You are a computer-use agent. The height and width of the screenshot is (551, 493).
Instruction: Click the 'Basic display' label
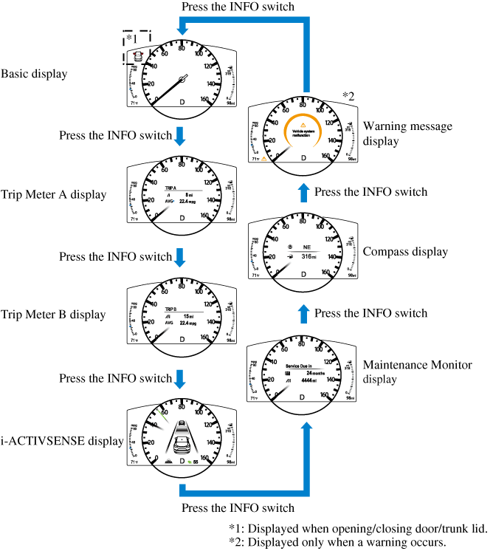click(35, 74)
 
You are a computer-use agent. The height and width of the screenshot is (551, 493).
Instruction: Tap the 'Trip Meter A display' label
click(53, 195)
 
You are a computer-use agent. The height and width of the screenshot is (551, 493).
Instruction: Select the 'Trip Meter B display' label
click(52, 315)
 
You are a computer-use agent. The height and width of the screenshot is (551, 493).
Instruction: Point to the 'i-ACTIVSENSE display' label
click(62, 442)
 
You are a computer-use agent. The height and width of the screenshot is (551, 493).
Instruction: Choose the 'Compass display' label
click(405, 252)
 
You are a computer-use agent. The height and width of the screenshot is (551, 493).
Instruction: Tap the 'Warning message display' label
click(407, 133)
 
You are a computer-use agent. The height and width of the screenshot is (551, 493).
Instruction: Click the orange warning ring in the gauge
click(303, 131)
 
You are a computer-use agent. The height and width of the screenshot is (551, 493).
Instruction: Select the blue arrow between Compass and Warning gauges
click(303, 192)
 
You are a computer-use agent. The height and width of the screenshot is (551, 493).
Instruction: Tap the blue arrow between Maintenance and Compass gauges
click(303, 313)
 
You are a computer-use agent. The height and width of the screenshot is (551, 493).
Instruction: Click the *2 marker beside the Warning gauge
click(348, 95)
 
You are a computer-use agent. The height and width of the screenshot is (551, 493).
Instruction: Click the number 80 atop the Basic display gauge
click(182, 48)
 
